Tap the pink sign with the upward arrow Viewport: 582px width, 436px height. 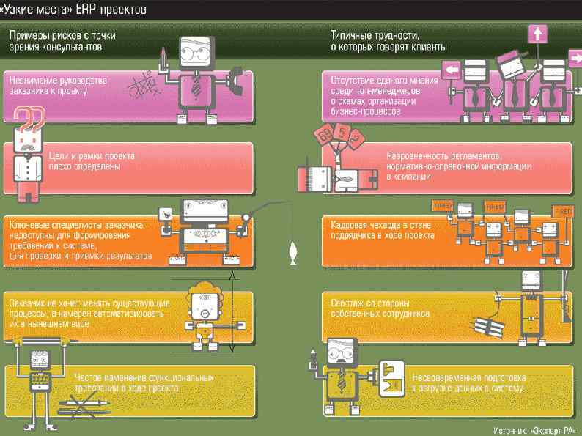[x=538, y=34]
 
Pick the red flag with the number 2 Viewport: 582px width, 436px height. [x=356, y=137]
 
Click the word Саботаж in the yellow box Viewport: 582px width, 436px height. [x=347, y=302]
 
